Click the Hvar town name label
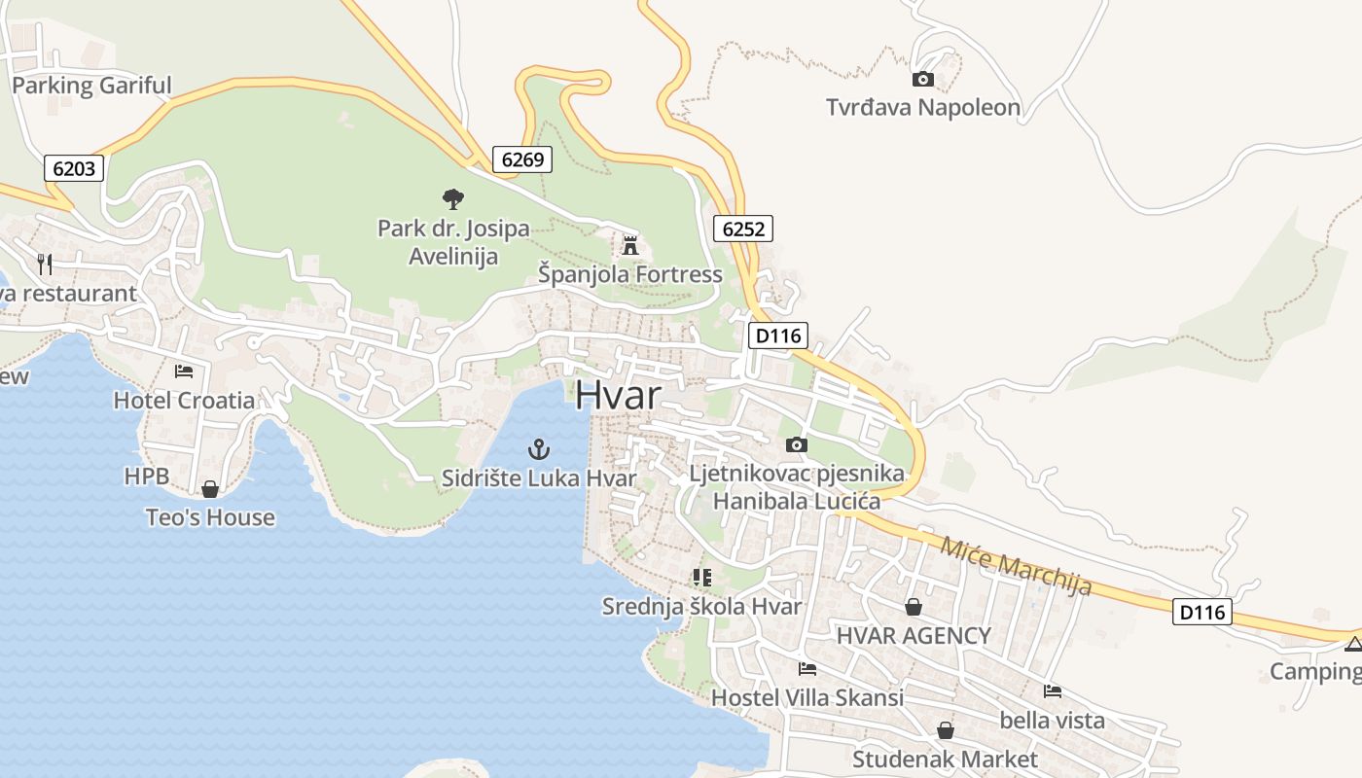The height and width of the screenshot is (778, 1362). pyautogui.click(x=618, y=396)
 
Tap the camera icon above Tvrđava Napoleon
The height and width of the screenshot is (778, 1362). pyautogui.click(x=923, y=79)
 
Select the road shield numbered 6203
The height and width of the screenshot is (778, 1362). pyautogui.click(x=74, y=168)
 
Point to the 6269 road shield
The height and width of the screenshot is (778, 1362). pyautogui.click(x=522, y=159)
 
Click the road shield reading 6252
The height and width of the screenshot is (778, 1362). pyautogui.click(x=743, y=229)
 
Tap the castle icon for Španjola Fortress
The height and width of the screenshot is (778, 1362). pyautogui.click(x=630, y=245)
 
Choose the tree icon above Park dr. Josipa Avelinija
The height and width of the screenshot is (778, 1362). pyautogui.click(x=452, y=199)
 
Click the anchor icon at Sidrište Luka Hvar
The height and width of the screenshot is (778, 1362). pyautogui.click(x=538, y=449)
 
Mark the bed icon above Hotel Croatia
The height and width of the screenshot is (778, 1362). pyautogui.click(x=184, y=371)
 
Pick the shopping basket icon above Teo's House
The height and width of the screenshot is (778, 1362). pyautogui.click(x=210, y=488)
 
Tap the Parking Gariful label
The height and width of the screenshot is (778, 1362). pyautogui.click(x=91, y=86)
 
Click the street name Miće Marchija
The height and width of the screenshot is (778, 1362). pyautogui.click(x=1016, y=565)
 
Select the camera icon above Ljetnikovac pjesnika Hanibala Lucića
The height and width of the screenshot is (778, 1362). pyautogui.click(x=797, y=444)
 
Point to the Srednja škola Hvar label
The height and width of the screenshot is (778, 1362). pyautogui.click(x=701, y=607)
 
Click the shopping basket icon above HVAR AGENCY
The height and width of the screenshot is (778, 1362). pyautogui.click(x=914, y=607)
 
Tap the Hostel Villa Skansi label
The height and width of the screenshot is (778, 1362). pyautogui.click(x=806, y=697)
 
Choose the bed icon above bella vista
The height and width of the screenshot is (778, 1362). pyautogui.click(x=1052, y=691)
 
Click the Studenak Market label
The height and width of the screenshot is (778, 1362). pyautogui.click(x=945, y=759)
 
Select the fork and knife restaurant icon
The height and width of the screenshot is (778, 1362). pyautogui.click(x=45, y=264)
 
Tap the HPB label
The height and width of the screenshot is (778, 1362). pyautogui.click(x=147, y=477)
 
